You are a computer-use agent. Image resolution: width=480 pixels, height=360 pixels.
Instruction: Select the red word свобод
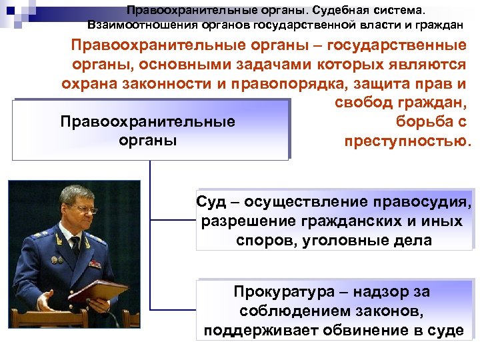tap(366, 104)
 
